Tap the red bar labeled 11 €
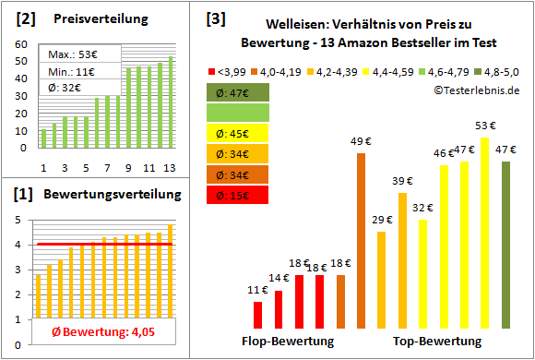257,315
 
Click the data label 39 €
402,181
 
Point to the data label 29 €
382,220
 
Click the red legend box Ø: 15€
237,195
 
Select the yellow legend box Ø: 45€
237,132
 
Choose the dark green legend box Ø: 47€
237,91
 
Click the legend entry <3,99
228,69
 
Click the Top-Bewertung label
437,342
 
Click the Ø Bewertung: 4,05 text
91,330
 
